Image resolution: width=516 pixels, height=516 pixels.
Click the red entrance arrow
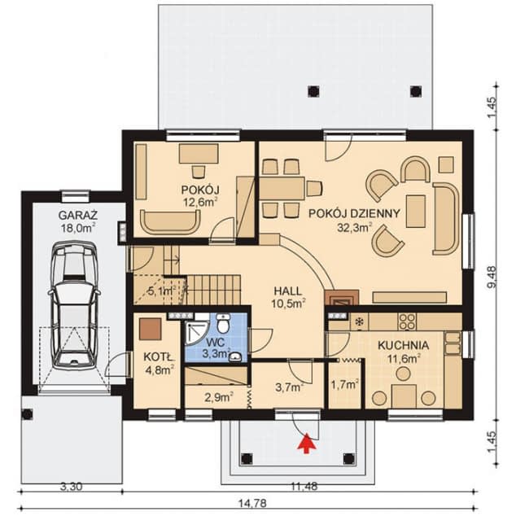click(307, 444)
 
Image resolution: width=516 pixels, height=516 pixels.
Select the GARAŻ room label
click(78, 216)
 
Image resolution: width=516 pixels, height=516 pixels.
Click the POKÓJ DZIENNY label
click(354, 213)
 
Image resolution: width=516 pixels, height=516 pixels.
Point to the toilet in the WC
click(224, 323)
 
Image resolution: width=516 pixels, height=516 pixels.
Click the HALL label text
click(287, 291)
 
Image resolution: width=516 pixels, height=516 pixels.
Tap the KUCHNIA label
click(403, 346)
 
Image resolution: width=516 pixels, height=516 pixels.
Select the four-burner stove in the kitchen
click(407, 321)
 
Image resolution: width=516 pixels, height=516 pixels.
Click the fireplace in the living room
click(342, 298)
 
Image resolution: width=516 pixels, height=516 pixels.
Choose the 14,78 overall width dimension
click(252, 504)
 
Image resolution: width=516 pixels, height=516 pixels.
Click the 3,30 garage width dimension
click(72, 487)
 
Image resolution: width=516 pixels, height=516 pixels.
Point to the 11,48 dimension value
click(304, 487)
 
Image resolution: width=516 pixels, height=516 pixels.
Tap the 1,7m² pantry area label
click(344, 384)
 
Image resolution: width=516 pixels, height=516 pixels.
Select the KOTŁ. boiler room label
click(160, 356)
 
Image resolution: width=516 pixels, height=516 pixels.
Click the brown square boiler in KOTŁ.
click(151, 329)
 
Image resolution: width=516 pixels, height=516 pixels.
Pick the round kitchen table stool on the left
click(379, 398)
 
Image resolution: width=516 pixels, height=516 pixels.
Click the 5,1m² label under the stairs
click(161, 291)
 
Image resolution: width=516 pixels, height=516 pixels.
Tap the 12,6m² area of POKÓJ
click(200, 201)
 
